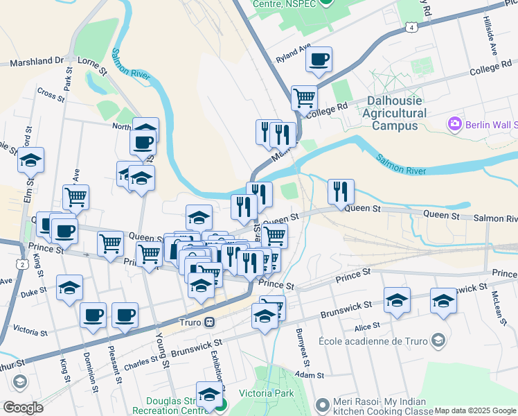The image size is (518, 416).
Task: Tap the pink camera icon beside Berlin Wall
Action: tap(455, 124)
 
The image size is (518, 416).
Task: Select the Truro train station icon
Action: tap(208, 322)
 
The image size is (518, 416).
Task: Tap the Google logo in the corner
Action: tap(23, 408)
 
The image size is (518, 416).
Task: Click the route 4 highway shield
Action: tap(412, 27)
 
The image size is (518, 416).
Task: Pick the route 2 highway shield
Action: tap(23, 264)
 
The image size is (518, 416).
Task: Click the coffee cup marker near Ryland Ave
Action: tap(319, 60)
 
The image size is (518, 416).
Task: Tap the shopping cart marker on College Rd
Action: tap(303, 98)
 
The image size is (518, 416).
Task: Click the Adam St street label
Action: tap(309, 375)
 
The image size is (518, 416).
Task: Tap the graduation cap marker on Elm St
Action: tap(30, 161)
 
